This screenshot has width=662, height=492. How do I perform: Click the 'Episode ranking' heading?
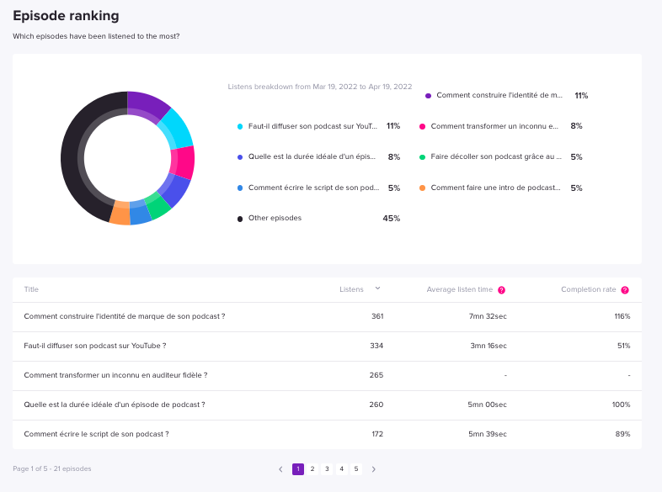[x=66, y=16]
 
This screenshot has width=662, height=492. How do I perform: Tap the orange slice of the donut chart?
[x=120, y=214]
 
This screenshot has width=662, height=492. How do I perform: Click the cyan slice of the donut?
[x=178, y=129]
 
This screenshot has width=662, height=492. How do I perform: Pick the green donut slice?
[x=157, y=205]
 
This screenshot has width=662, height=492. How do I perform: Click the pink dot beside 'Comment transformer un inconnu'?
[x=422, y=126]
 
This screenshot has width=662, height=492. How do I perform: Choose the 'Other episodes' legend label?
[x=275, y=218]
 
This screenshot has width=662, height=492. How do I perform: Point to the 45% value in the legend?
[x=392, y=219]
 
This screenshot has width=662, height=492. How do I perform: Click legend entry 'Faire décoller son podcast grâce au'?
[x=496, y=156]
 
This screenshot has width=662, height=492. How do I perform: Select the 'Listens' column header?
[x=351, y=289]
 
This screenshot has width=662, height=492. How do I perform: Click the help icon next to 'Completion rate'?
[x=625, y=290]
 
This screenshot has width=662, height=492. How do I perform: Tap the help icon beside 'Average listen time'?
[x=501, y=290]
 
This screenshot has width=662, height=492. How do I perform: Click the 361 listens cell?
[x=377, y=316]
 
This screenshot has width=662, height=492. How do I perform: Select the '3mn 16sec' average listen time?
[x=488, y=346]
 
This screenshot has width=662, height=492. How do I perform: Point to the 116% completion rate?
[x=622, y=316]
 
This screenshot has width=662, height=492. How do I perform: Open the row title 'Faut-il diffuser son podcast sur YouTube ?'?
[x=95, y=346]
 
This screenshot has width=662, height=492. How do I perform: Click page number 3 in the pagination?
[x=327, y=468]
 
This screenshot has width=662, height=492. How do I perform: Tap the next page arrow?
[x=374, y=469]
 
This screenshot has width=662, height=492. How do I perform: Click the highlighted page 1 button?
[x=298, y=468]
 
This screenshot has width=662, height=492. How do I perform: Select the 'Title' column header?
[x=31, y=289]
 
